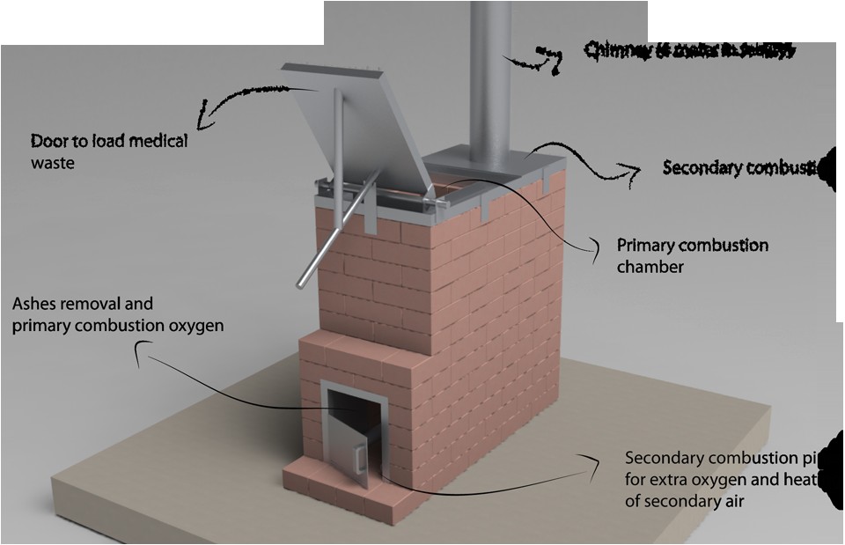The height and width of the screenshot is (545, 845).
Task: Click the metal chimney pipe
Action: click(490, 79)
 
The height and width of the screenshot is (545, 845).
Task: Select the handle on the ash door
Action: click(360, 457)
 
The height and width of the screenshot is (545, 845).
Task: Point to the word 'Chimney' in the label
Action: click(615, 51)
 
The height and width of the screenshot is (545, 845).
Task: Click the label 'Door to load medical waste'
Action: click(109, 151)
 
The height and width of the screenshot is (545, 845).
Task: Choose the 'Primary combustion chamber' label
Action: click(692, 254)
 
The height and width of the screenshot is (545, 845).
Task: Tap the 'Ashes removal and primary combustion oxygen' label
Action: click(118, 314)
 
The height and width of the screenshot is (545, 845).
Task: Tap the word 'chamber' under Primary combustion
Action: click(650, 265)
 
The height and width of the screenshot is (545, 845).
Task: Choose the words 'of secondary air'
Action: click(681, 502)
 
